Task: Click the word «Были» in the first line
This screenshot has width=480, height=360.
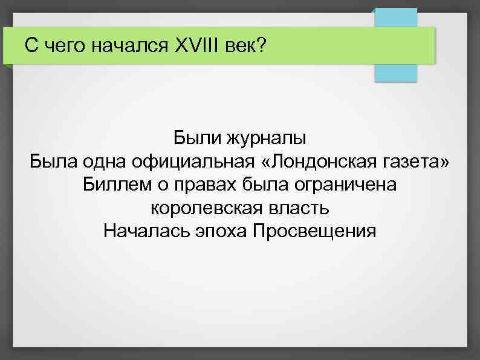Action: pos(196,138)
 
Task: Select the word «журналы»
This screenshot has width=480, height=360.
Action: pos(266,139)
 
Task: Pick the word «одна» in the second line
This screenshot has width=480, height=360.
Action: pos(106,162)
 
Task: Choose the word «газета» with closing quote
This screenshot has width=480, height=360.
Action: pos(421,162)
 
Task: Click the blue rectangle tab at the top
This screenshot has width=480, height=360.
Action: pos(396,72)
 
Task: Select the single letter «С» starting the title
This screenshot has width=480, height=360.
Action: pos(30,45)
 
